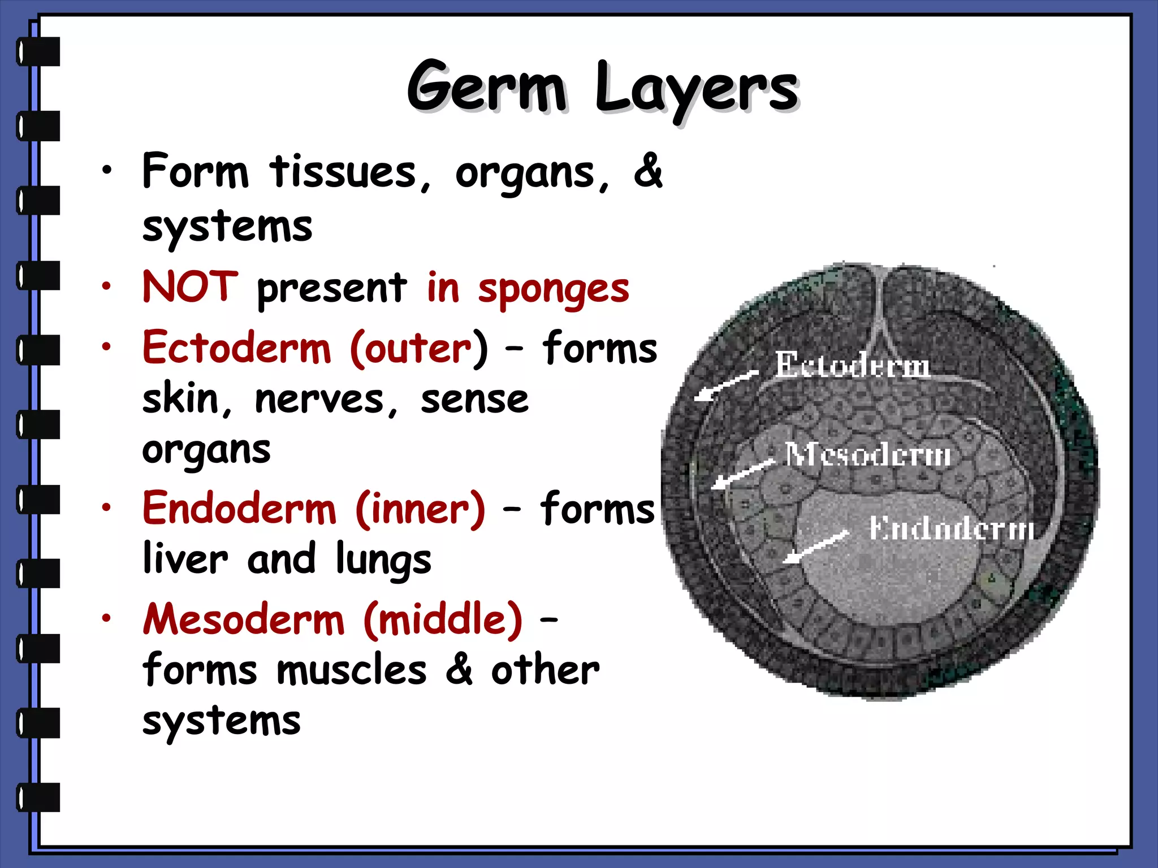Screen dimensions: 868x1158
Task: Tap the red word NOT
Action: coord(190,287)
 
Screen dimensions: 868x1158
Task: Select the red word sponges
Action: coord(553,289)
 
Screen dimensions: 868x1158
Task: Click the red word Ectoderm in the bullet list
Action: coord(236,348)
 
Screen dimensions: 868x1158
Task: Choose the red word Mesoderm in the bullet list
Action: coord(244,619)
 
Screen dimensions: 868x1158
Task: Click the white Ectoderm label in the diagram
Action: coord(852,365)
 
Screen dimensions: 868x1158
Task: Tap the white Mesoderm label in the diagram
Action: coord(868,454)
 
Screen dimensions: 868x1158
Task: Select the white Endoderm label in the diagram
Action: coord(952,528)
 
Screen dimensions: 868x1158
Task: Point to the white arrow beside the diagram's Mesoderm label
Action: coord(742,474)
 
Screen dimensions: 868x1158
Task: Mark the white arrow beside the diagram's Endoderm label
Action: coord(815,547)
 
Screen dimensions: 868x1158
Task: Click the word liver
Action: coord(185,558)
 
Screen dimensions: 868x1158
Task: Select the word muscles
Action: coord(352,670)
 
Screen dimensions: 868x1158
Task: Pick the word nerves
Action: coord(319,400)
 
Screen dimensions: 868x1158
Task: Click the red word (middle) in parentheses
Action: coord(443,619)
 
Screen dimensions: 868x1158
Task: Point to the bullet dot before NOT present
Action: coord(106,287)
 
